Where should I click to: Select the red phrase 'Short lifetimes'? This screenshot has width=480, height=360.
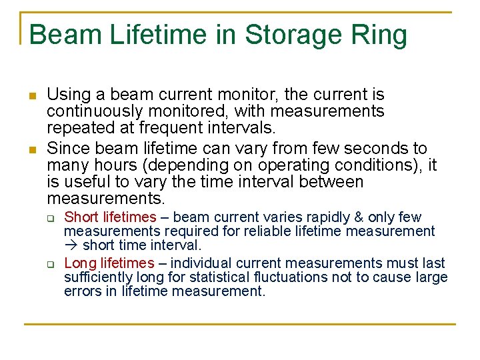(x=110, y=217)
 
